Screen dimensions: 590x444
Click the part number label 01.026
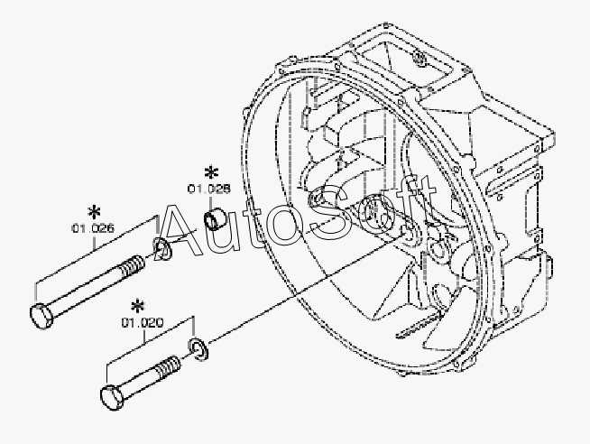92,228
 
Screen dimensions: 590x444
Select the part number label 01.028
208,189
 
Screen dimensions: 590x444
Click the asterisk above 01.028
211,171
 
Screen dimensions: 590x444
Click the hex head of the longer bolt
41,317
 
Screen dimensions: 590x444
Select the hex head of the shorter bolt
110,396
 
